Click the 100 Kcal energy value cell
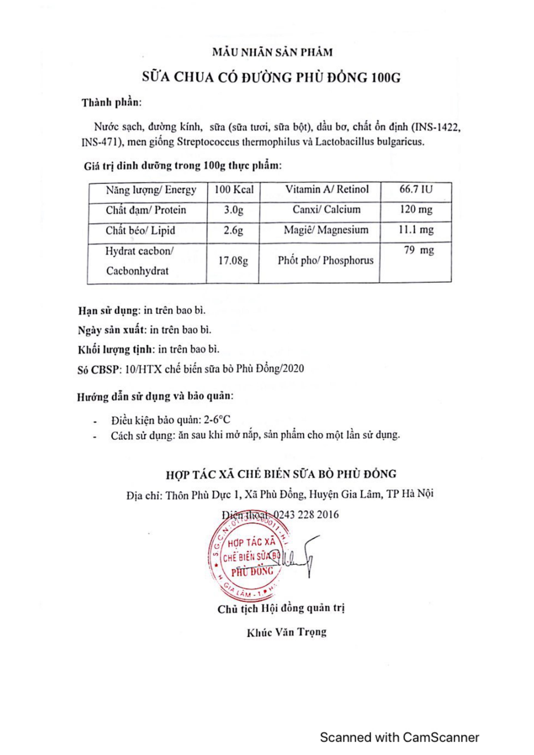[234, 190]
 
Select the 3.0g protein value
[234, 210]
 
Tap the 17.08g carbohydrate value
[233, 261]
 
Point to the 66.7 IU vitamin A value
[416, 189]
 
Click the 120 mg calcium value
[416, 210]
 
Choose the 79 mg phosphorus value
[419, 251]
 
